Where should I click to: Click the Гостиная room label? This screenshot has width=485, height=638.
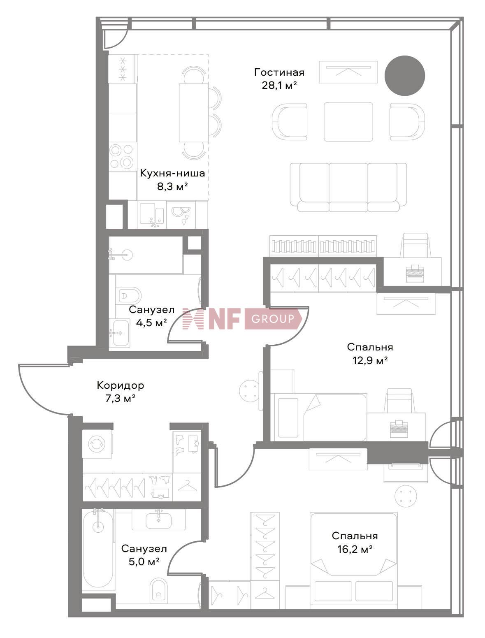coord(279,72)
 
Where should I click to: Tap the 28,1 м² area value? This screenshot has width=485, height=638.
coord(279,85)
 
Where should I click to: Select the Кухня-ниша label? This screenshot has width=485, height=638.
coord(172,173)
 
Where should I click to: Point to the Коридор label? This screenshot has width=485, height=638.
coord(120,385)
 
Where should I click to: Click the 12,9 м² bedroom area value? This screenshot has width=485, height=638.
coord(370,360)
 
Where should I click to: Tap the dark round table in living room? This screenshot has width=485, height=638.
coord(404,76)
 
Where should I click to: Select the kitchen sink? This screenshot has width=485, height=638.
coord(152,214)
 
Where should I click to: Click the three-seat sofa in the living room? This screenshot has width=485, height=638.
coord(348,187)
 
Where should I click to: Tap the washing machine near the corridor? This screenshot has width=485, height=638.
coord(97,444)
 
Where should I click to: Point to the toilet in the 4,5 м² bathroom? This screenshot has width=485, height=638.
coord(130,296)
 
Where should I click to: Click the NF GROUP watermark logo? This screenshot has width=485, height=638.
coord(243,319)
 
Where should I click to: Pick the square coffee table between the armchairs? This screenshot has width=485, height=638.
coord(348,122)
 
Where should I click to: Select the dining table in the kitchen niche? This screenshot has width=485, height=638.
coord(193,113)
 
